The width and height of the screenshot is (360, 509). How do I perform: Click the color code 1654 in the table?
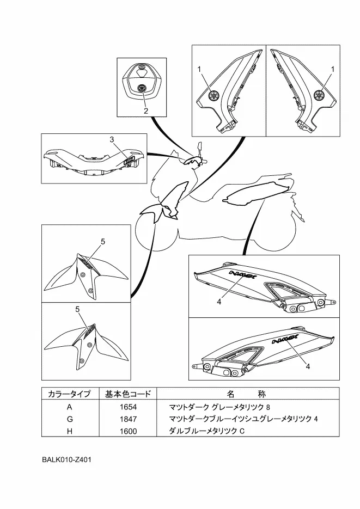coord(129,407)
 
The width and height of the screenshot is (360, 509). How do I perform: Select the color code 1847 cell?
coord(129,419)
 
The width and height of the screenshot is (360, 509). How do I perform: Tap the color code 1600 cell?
coord(129,431)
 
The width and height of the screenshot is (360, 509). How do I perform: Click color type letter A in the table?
coord(69,407)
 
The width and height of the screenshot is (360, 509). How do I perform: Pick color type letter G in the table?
coord(69,419)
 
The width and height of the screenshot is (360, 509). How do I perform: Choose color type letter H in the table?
coord(69,431)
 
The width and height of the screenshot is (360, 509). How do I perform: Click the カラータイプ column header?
coord(69,394)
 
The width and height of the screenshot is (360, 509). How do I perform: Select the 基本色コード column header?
coord(128,394)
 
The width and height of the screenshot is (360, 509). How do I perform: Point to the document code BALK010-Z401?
coord(66,459)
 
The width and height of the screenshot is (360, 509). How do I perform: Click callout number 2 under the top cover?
coord(145,111)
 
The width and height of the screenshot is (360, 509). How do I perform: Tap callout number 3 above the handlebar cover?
coord(111,140)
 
